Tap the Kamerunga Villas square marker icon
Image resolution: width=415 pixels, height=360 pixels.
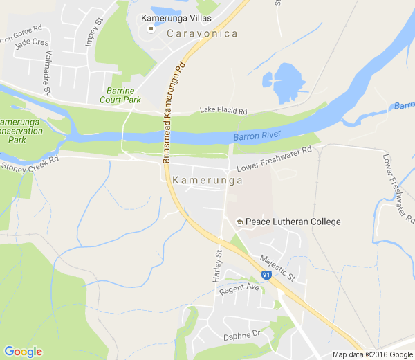[x=150, y=29]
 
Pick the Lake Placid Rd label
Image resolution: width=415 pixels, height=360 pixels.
[x=223, y=110]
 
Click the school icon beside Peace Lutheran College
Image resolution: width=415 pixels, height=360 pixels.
[x=239, y=222]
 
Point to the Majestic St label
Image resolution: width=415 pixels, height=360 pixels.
[x=277, y=268]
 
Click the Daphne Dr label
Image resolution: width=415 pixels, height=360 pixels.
[x=241, y=336]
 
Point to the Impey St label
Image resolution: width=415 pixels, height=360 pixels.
[x=93, y=33]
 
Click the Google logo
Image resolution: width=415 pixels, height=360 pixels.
[x=22, y=352]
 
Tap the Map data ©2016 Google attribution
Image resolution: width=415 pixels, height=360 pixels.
[x=371, y=354]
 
